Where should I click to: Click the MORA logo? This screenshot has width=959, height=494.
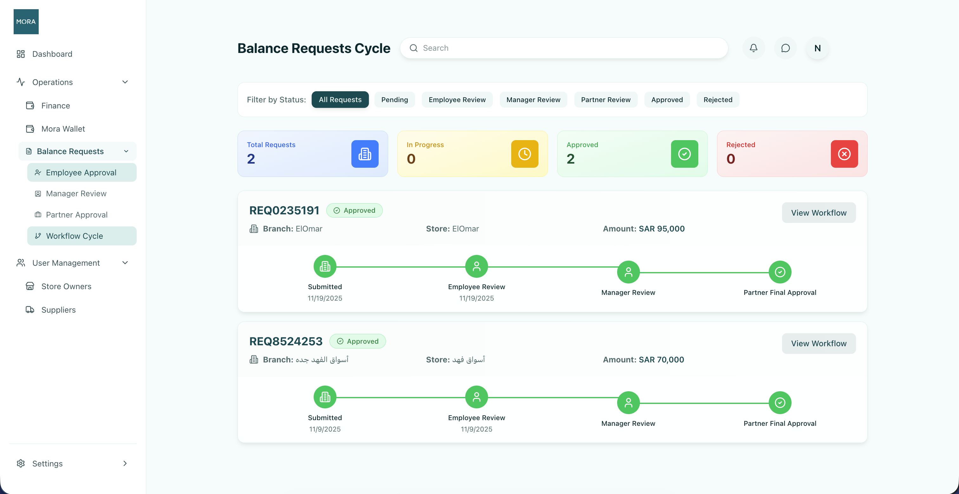(x=26, y=22)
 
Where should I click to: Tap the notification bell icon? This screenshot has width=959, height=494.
(x=753, y=48)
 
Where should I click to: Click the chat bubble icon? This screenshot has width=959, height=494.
(x=786, y=48)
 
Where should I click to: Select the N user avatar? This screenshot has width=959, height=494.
(x=818, y=48)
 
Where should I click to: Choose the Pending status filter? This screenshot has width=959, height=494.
(x=395, y=100)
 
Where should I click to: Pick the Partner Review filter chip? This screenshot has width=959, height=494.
(x=606, y=100)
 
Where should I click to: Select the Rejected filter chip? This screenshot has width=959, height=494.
(x=718, y=100)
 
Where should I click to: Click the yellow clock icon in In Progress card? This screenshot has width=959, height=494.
(x=525, y=154)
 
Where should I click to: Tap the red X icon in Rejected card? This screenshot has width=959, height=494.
(x=844, y=154)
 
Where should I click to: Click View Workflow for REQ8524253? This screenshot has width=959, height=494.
(x=819, y=344)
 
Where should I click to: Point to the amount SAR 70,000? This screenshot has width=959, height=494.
(x=662, y=360)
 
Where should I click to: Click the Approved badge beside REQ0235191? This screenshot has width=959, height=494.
(x=355, y=210)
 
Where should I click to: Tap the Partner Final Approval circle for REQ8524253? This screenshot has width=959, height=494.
(x=780, y=403)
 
